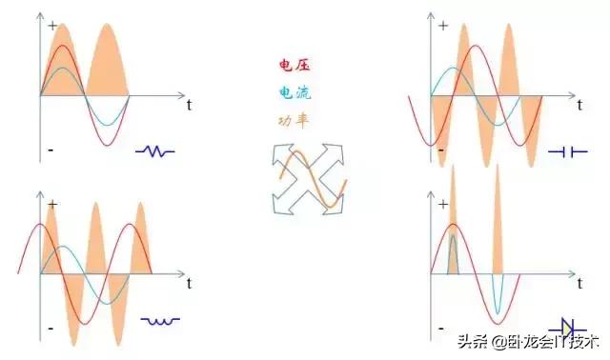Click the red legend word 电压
295,66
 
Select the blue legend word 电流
295,93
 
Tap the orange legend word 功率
294,121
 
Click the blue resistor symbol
155,150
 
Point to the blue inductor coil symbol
160,321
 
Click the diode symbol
567,328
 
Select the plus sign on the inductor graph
51,205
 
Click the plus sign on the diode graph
443,205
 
